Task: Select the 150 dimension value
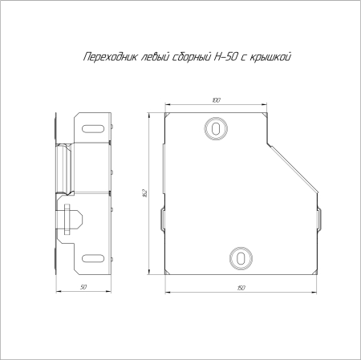[x=240, y=287]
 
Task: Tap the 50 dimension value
[x=83, y=286]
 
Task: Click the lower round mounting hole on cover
[x=240, y=257]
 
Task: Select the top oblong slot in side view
[x=94, y=127]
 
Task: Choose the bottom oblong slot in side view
[x=94, y=257]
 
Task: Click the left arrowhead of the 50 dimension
[x=56, y=291]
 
